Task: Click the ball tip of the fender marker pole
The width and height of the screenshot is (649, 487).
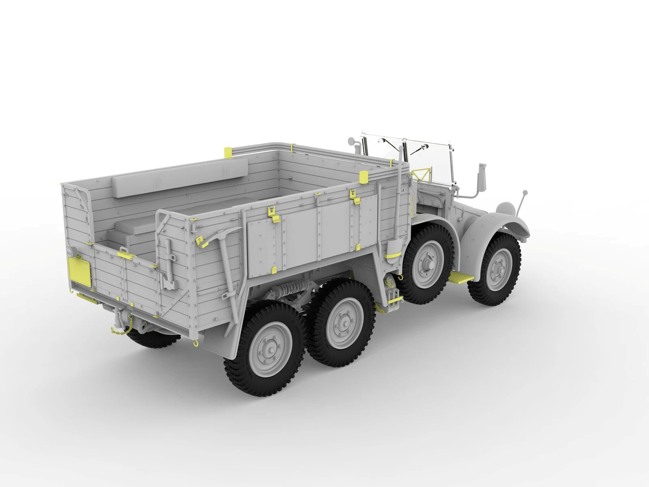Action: coord(525,192)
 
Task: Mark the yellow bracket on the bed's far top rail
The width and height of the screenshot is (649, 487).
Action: coord(228,153)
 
